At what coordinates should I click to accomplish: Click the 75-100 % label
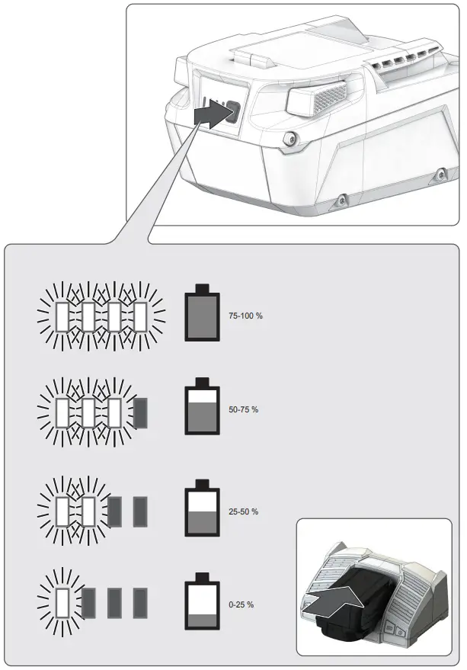click(x=245, y=316)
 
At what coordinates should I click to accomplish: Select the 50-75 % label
click(x=243, y=410)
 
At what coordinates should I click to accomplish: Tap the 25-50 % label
click(x=243, y=511)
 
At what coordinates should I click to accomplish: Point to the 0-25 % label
click(x=241, y=604)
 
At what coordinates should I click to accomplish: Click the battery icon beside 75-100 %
click(x=203, y=314)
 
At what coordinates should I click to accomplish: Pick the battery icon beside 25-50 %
click(x=203, y=511)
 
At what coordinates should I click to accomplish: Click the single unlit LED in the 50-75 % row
click(x=140, y=413)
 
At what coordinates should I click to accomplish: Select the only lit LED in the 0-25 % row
click(x=62, y=602)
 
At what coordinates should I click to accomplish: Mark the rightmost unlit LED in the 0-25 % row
click(x=140, y=603)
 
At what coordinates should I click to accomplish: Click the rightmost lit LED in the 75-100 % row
click(x=140, y=316)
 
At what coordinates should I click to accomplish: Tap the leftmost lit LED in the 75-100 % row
click(x=62, y=316)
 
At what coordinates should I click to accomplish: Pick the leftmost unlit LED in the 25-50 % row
click(x=114, y=511)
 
